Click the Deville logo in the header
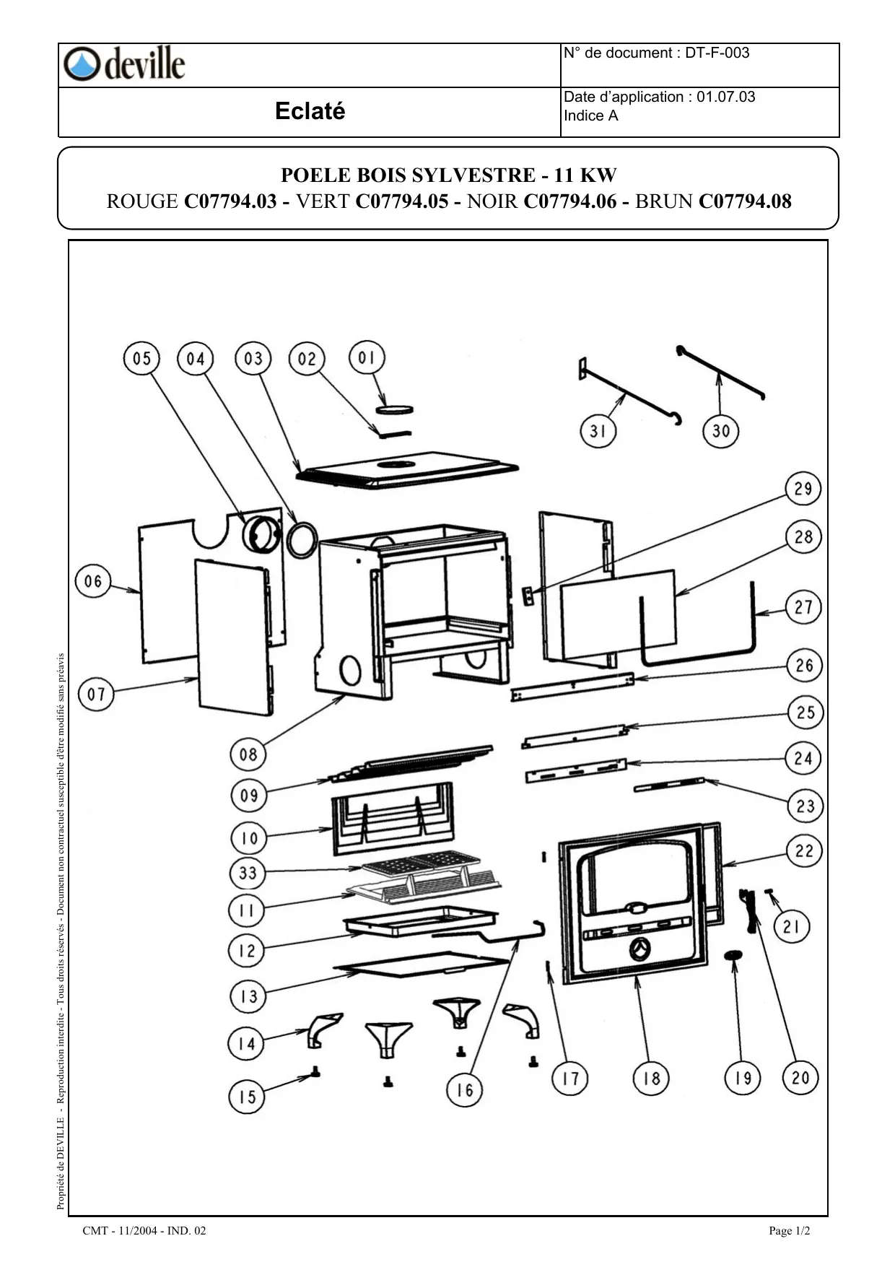pos(124,64)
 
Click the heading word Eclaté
pos(310,111)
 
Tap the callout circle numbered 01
pos(367,358)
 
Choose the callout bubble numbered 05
pos(142,359)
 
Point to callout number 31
pos(598,431)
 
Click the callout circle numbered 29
pos(803,489)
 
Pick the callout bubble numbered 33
pos(248,873)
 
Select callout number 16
pos(464,1089)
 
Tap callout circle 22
pos(804,850)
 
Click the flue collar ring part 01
pos(394,409)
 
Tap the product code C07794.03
pos(230,201)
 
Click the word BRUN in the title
pos(664,201)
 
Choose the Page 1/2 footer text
pos(790,1231)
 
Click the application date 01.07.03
pos(726,97)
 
